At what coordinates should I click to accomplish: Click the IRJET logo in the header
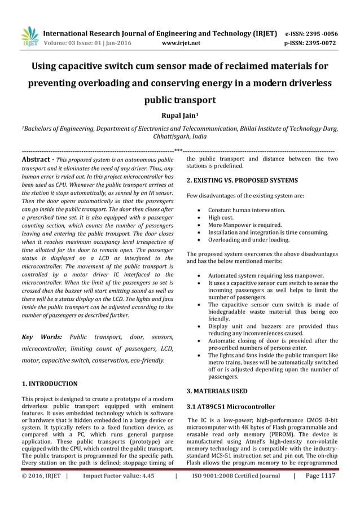(29, 36)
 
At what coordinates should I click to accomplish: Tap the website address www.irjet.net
(180, 42)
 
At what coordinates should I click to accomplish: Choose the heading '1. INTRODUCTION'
(49, 384)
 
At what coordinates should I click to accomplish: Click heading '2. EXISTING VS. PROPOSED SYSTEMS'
(242, 181)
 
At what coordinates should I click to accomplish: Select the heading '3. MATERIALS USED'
(217, 390)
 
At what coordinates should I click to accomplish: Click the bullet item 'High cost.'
(221, 217)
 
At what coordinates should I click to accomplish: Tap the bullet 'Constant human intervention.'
(247, 210)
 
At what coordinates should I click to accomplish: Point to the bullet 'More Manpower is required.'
(245, 225)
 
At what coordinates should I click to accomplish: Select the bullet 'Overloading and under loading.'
(249, 239)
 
